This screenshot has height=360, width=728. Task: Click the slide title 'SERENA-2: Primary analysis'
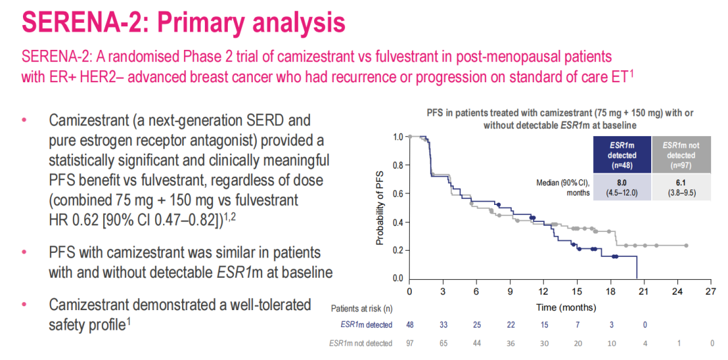[x=183, y=22]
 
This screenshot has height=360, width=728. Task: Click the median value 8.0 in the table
[x=621, y=181]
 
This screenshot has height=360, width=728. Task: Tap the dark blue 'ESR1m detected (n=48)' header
[x=621, y=155]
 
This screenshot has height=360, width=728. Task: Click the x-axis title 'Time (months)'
[x=566, y=307]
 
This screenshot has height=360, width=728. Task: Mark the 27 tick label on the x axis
[x=710, y=292]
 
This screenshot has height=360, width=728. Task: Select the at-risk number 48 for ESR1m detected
[x=410, y=325]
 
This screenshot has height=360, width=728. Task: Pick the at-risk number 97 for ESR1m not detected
[x=410, y=343]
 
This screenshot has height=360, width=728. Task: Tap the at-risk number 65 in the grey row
[x=443, y=343]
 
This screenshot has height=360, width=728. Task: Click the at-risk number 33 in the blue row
[x=443, y=325]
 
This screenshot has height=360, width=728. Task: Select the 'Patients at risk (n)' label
[x=362, y=308]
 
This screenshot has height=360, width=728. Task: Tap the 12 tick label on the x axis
[x=543, y=292]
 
